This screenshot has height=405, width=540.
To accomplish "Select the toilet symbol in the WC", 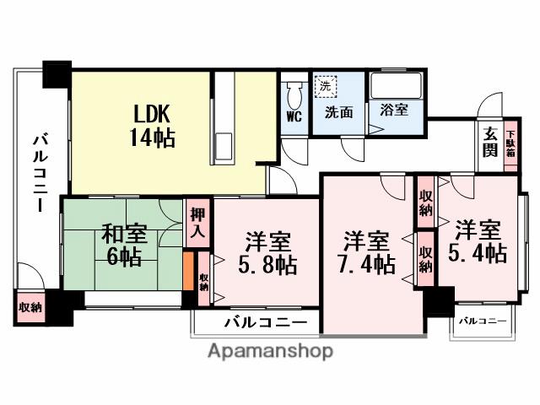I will (x=294, y=92).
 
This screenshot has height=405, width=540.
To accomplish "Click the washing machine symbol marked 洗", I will (x=325, y=85).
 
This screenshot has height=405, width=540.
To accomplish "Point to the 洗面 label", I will (x=341, y=111).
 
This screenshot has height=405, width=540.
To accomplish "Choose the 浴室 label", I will (x=394, y=110).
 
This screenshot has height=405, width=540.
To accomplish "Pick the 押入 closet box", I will (x=197, y=224).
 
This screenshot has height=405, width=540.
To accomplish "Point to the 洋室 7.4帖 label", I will (x=368, y=251).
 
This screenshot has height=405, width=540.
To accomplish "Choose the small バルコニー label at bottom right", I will (x=483, y=321).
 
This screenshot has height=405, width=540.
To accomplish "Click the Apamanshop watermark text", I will (x=269, y=351).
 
